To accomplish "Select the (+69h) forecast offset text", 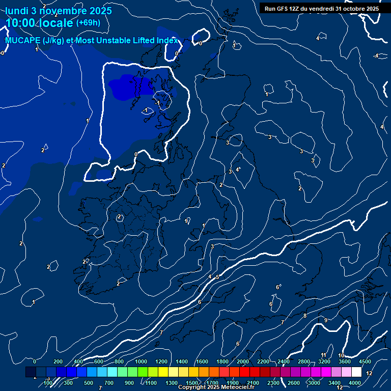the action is pyautogui.click(x=88, y=23).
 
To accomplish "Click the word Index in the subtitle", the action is pyautogui.click(x=167, y=40).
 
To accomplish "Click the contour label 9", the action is pyautogui.click(x=326, y=320).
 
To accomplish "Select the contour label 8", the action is pyautogui.click(x=305, y=316).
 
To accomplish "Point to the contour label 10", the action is pyautogui.click(x=341, y=355).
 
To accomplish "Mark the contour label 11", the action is pyautogui.click(x=323, y=354).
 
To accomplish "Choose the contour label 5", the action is pyautogui.click(x=217, y=277).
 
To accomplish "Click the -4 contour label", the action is pyautogui.click(x=376, y=55).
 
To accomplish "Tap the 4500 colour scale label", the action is pyautogui.click(x=365, y=361).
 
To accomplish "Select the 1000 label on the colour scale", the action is pyautogui.click(x=141, y=361).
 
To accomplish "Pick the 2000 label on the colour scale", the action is pyautogui.click(x=243, y=361).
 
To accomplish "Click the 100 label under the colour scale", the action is pyautogui.click(x=47, y=383).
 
